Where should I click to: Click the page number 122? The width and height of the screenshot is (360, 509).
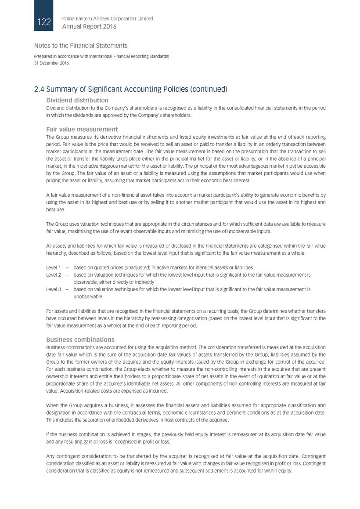(44, 22)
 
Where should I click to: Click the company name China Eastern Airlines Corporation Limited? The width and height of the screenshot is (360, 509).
(108, 18)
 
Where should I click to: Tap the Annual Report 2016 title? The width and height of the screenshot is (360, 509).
(90, 27)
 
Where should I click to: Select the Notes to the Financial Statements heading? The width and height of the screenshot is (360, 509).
(81, 46)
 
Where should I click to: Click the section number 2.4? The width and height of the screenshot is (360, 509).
(40, 89)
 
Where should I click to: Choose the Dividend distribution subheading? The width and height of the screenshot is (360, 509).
(77, 101)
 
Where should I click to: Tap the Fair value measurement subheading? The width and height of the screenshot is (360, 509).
(82, 130)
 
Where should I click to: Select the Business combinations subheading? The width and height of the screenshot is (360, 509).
(80, 339)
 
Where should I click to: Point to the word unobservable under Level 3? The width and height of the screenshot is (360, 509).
(88, 297)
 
